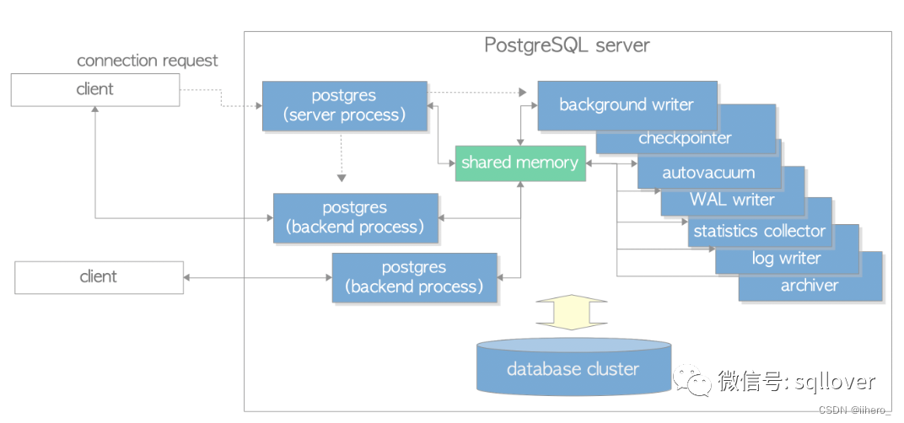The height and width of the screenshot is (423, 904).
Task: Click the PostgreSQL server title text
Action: pyautogui.click(x=567, y=45)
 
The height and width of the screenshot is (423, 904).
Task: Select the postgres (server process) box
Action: pyautogui.click(x=344, y=106)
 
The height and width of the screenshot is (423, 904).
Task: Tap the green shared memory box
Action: pyautogui.click(x=519, y=163)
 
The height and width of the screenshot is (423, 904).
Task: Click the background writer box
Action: pyautogui.click(x=626, y=104)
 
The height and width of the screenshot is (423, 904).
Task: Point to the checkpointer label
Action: pyautogui.click(x=685, y=138)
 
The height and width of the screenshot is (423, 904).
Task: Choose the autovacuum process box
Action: pyautogui.click(x=708, y=174)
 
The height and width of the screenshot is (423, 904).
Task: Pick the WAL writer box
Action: pyautogui.click(x=731, y=200)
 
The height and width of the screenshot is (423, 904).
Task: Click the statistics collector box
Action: pyautogui.click(x=759, y=230)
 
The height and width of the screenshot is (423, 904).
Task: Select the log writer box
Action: pyautogui.click(x=786, y=259)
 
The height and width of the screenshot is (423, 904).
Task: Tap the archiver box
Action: pyautogui.click(x=810, y=286)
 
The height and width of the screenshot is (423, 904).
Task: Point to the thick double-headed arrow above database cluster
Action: pyautogui.click(x=572, y=312)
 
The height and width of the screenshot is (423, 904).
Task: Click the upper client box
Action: pyautogui.click(x=94, y=89)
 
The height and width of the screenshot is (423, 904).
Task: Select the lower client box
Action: pyautogui.click(x=99, y=277)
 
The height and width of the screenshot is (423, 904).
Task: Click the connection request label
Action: pyautogui.click(x=148, y=61)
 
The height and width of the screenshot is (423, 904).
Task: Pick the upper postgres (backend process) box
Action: pyautogui.click(x=355, y=218)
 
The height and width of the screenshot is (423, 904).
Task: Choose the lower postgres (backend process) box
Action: pyautogui.click(x=414, y=277)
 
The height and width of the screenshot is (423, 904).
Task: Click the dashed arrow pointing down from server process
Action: pyautogui.click(x=341, y=160)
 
